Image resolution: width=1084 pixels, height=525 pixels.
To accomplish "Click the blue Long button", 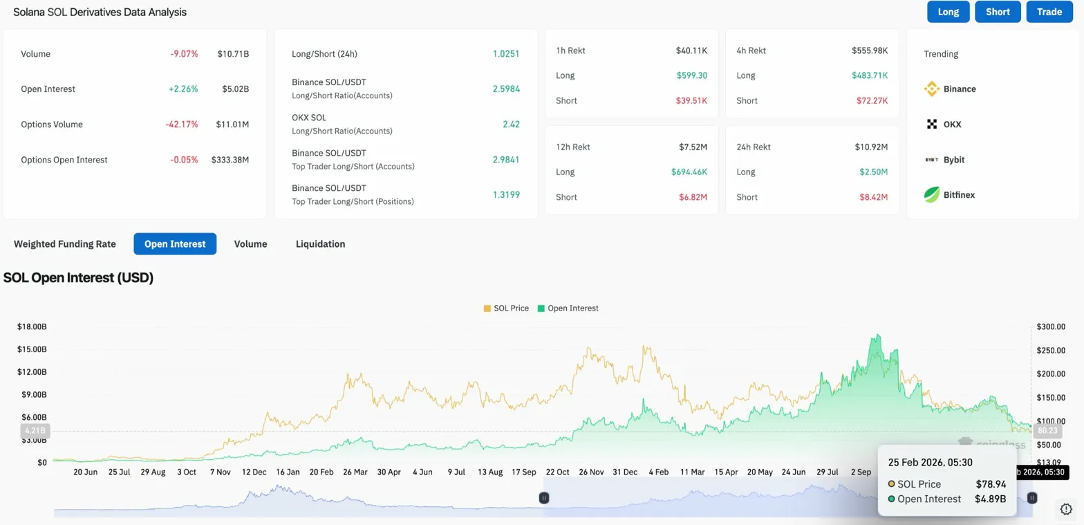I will pyautogui.click(x=948, y=12).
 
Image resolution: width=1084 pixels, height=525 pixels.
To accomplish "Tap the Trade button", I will pyautogui.click(x=1049, y=12).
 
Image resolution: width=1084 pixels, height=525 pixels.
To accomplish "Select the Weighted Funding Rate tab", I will pyautogui.click(x=65, y=244).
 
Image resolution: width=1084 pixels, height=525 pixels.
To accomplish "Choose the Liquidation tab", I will pyautogui.click(x=320, y=244).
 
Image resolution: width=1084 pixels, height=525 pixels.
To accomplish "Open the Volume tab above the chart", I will pyautogui.click(x=250, y=244).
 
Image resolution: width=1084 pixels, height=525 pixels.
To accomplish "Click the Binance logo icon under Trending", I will pyautogui.click(x=931, y=89).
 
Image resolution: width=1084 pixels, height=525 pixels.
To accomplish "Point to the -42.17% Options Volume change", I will pyautogui.click(x=183, y=125).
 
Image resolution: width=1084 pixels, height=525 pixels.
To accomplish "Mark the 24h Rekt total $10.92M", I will pyautogui.click(x=871, y=147).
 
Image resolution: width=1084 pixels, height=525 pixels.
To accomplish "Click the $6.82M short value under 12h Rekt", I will pyautogui.click(x=693, y=197).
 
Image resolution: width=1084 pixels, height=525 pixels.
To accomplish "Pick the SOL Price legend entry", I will pyautogui.click(x=506, y=308).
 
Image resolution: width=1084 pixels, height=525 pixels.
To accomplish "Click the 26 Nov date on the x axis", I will pyautogui.click(x=591, y=472).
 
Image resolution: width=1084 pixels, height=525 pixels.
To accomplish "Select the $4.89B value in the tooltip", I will pyautogui.click(x=990, y=499).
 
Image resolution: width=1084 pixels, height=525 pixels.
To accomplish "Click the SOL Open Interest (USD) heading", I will pyautogui.click(x=78, y=278).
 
